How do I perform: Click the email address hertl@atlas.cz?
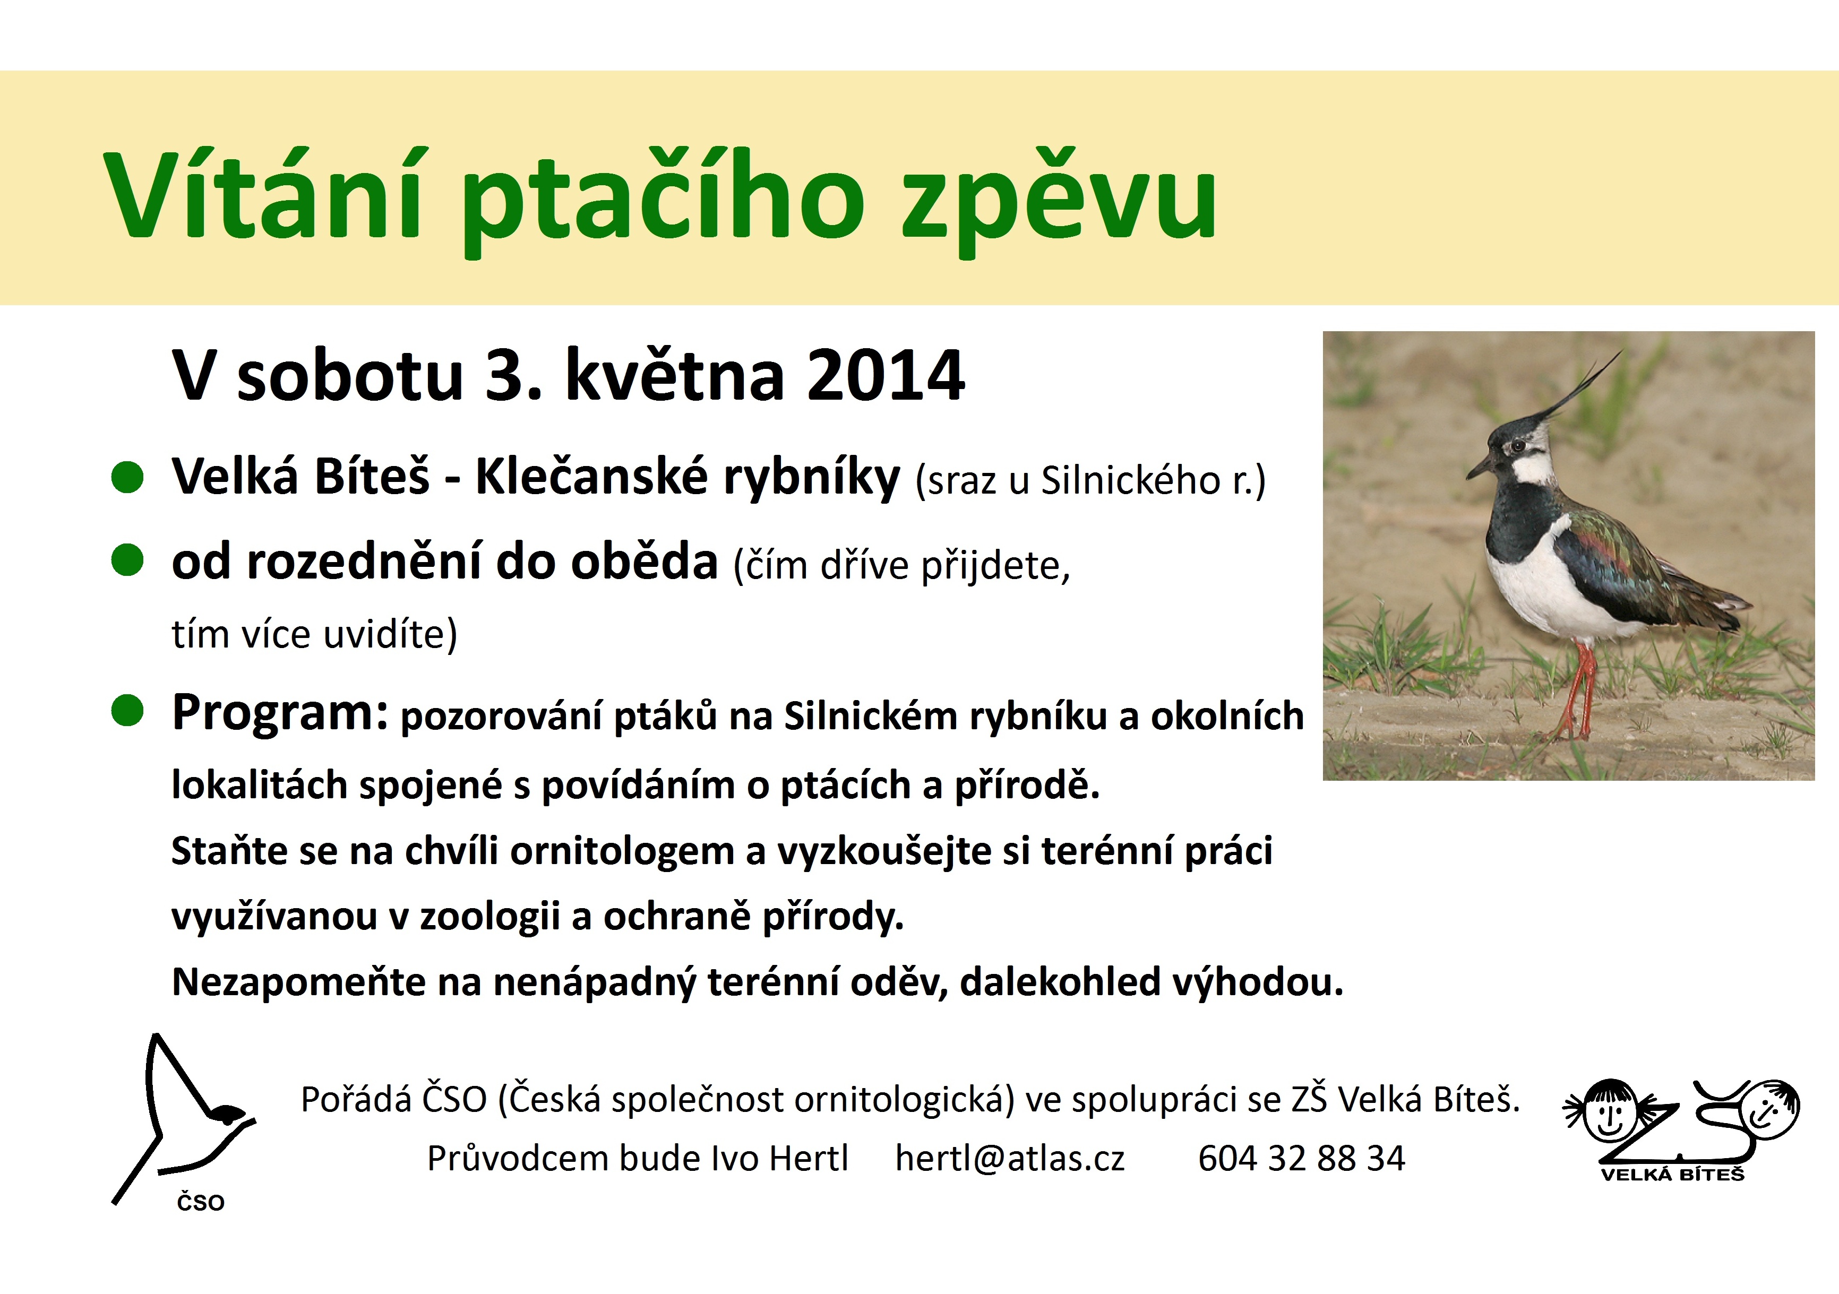(x=1010, y=1158)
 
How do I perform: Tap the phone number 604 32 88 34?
(x=1302, y=1158)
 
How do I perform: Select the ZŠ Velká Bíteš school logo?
(x=1682, y=1129)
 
